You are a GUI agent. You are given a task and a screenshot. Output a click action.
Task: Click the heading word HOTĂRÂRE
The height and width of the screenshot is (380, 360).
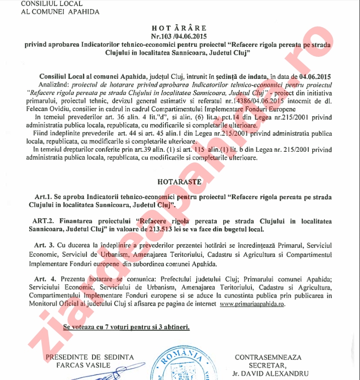coord(179,28)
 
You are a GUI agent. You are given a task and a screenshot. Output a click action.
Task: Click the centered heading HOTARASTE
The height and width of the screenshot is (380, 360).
coord(179,180)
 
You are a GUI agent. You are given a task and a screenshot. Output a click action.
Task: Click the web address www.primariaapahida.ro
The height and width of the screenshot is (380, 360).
coord(253,304)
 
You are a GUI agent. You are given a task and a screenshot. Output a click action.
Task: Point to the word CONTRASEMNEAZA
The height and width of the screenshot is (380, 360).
coord(268,357)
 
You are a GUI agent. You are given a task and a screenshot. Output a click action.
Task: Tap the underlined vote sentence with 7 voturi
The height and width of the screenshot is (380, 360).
coord(127,327)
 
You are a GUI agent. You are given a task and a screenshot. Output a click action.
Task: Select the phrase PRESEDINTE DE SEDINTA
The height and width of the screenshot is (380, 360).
coord(89,357)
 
